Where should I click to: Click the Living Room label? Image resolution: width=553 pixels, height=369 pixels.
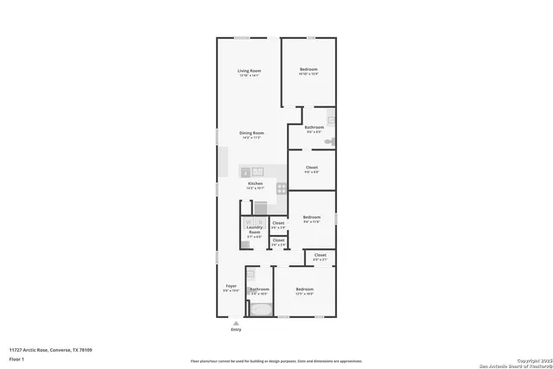(250, 71)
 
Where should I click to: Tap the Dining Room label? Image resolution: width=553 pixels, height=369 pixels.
(251, 133)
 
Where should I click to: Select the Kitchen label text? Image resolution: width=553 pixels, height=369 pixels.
(255, 184)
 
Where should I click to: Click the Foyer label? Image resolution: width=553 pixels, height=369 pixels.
(231, 286)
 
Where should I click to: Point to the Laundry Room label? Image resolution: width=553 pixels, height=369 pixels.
(254, 230)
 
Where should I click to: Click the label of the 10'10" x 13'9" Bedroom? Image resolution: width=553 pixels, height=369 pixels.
(309, 70)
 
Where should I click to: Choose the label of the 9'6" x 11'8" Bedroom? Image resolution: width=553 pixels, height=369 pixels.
(312, 218)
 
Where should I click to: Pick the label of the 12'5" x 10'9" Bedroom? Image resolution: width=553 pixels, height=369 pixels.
(304, 289)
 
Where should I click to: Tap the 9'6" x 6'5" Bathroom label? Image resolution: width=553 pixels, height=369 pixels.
(314, 128)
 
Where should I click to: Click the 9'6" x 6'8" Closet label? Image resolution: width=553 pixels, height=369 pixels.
(312, 168)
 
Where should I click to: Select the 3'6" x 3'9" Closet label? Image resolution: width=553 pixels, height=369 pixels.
(278, 224)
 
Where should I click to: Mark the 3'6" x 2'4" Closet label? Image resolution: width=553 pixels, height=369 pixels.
(278, 241)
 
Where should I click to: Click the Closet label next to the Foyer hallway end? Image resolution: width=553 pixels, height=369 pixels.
(320, 256)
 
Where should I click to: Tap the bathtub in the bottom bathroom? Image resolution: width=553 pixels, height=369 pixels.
(259, 307)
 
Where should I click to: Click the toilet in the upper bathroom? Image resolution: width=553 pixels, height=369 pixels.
(327, 142)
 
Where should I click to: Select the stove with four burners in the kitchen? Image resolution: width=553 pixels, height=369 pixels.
(281, 188)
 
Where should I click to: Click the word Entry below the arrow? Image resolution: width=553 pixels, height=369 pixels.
(236, 330)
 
